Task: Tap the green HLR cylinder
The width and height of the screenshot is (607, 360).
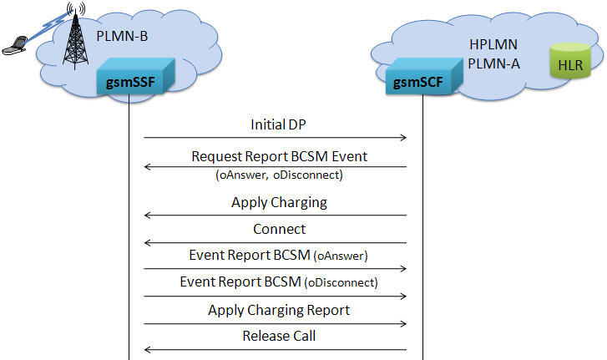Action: tap(570, 61)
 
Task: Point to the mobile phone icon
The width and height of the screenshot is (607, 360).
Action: tap(15, 45)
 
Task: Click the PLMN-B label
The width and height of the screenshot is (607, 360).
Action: tap(122, 37)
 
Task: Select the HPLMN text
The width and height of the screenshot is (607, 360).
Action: tap(493, 44)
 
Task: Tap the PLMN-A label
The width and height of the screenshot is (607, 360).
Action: tap(493, 63)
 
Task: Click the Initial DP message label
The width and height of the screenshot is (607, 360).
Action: tap(278, 124)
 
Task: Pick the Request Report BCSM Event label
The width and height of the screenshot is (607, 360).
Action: tap(279, 156)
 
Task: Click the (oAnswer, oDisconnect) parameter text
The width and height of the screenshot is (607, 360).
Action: tap(279, 175)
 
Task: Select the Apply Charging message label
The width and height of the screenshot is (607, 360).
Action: tap(279, 202)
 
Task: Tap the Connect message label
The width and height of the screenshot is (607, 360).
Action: tap(279, 229)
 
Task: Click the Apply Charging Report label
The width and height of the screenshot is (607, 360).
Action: tap(279, 310)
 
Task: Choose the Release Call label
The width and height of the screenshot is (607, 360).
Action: tap(279, 336)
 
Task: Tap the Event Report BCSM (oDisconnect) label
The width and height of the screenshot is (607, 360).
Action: tap(279, 281)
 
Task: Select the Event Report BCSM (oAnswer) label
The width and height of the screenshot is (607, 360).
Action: tap(278, 256)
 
